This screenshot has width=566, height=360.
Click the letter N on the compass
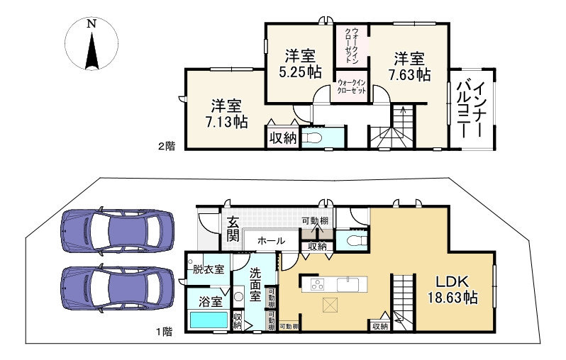91,24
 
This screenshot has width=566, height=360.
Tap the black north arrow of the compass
91,51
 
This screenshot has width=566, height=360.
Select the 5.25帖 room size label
300,72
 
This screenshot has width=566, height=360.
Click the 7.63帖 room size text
409,75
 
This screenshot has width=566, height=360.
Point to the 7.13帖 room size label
227,123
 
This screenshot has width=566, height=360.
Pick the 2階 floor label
167,146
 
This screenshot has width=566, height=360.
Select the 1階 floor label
164,332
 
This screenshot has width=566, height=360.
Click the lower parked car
118,289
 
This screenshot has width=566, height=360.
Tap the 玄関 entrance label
233,229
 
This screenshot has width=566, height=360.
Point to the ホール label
272,241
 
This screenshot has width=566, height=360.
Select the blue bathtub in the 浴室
209,320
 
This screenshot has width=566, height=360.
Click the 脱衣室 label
209,269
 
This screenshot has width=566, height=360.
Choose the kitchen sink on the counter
348,284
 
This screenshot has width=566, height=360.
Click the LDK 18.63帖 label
453,290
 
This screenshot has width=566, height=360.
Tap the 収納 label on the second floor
284,137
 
